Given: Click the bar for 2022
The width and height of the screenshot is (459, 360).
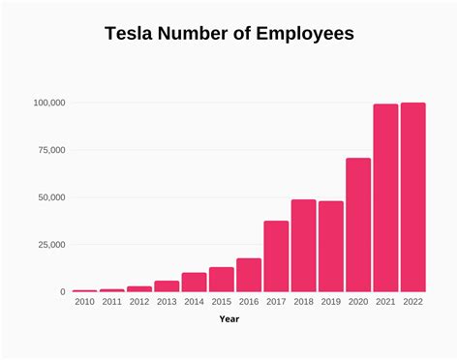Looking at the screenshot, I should pos(413,197).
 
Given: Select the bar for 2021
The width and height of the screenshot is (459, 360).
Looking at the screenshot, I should pos(385,198).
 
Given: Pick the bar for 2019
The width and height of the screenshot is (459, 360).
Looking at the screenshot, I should pos(331,247).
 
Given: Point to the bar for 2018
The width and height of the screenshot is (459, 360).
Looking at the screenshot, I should pos(303,246).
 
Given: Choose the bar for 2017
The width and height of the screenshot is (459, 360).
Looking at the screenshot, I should pos(276,256).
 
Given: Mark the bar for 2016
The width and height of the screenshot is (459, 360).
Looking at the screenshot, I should pos(249,275).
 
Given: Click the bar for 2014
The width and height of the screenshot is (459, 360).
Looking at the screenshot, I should pos(194,282).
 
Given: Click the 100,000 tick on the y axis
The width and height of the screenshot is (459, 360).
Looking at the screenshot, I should pos(48,103).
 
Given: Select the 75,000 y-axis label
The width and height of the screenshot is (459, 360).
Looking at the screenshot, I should pos(50,150).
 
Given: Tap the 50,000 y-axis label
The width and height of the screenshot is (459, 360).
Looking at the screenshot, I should pos(50,197).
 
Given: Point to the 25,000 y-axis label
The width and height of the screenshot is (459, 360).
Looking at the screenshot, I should pos(50,245).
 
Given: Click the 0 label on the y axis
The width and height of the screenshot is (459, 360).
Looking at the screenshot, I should pos(62,292).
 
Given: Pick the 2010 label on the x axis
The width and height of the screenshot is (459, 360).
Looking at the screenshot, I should pos(84,302).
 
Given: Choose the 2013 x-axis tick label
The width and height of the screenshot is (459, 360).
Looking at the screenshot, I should pos(167,302).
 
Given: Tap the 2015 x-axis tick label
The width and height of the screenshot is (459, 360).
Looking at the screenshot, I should pos(221,302).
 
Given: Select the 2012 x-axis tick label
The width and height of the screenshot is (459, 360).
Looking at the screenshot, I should pos(139,302).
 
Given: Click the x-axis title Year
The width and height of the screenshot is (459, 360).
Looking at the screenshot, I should pos(229,318).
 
